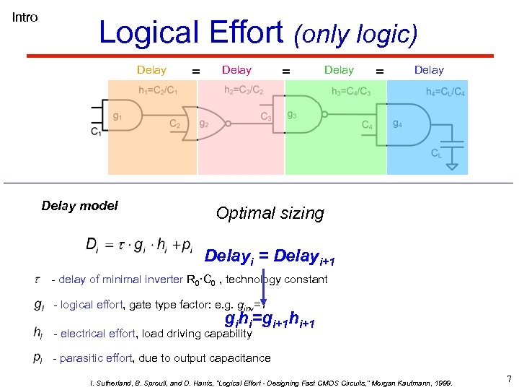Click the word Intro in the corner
tap(25, 17)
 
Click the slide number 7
tap(509, 378)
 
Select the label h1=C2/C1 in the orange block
tap(157, 90)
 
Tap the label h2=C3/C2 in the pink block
tap(244, 90)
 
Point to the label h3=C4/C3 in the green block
tap(351, 91)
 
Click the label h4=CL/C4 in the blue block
tap(445, 91)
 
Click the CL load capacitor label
tap(436, 153)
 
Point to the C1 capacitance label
tap(95, 132)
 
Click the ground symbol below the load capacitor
tap(453, 167)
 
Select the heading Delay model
tap(79, 205)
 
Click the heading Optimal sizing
tap(270, 213)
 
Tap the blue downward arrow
tap(264, 289)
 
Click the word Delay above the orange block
tap(151, 70)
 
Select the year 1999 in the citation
tap(440, 383)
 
